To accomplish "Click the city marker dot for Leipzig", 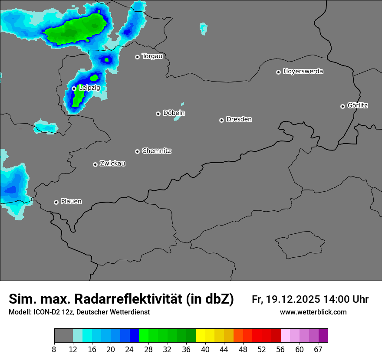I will point(74,88).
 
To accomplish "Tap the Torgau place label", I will point(152,56).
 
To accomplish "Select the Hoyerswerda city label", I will point(303,72).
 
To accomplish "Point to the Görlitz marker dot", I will point(342,106).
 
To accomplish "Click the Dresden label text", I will point(239,119).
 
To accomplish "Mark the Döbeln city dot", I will point(158,114).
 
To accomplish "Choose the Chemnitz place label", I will point(156,151).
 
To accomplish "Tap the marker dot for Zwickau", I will point(95,164).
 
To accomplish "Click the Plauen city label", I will point(71,202).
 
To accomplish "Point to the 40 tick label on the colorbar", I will point(205,350).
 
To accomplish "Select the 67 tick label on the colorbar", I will point(318,350).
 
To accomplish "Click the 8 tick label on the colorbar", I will point(54,350).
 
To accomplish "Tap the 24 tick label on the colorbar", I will point(130,350).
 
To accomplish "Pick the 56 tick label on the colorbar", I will point(280,350).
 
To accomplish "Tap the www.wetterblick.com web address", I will point(313,312).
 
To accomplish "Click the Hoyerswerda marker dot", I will point(278,72).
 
